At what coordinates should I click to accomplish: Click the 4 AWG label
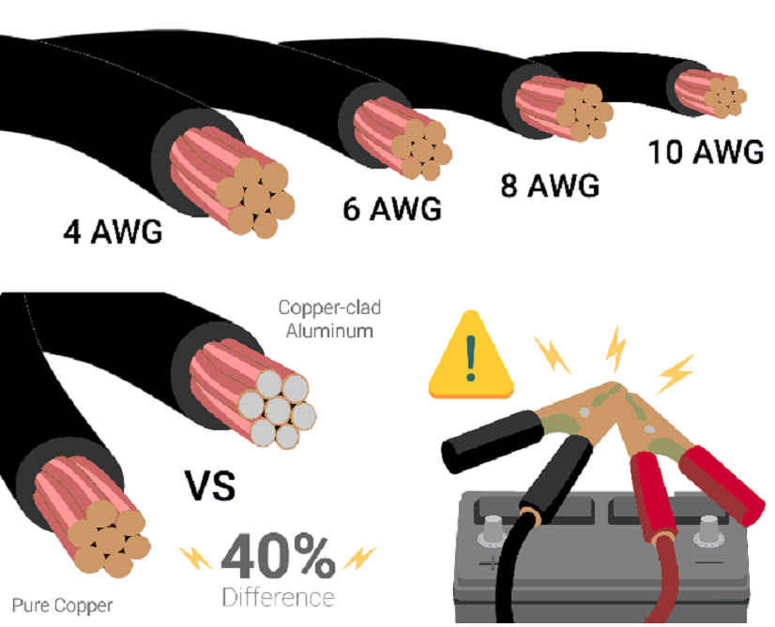[x=112, y=231]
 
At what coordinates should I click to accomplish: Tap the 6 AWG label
[x=391, y=209]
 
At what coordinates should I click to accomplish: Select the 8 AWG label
[x=550, y=186]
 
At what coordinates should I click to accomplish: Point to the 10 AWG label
[x=706, y=152]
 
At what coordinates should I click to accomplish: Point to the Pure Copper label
[x=62, y=605]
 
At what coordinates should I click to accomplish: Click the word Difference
[x=278, y=597]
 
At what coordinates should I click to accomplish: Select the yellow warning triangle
[x=472, y=362]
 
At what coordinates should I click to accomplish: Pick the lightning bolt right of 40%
[x=358, y=560]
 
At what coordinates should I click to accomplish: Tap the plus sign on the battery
[x=489, y=564]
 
